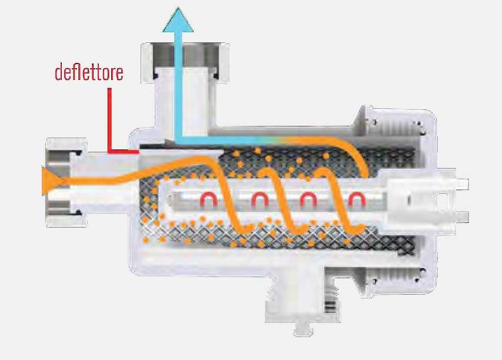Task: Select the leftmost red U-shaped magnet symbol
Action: tap(207, 201)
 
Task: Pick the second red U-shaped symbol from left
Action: tap(257, 201)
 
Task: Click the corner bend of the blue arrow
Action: tap(179, 139)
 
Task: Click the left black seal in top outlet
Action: tap(155, 75)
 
